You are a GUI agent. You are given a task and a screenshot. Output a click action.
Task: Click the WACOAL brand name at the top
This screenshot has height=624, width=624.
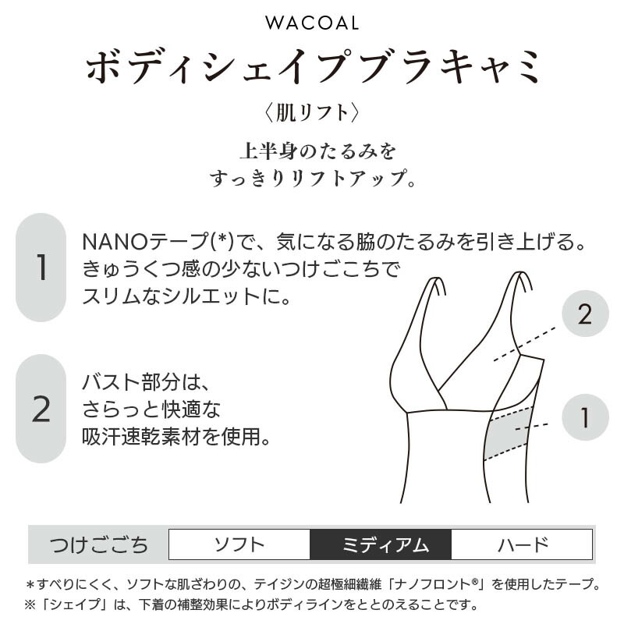coord(312,23)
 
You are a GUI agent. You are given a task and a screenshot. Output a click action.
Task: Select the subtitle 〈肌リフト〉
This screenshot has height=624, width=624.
coord(312,112)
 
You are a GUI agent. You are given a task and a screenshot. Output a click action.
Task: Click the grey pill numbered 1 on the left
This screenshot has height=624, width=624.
coord(41,267)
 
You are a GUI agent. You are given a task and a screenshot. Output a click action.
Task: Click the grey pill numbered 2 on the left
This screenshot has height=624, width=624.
coord(41,409)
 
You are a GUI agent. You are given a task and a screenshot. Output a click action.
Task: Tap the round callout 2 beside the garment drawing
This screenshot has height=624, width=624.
coord(585,314)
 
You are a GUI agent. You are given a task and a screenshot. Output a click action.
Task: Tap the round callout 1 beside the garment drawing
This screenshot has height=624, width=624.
coord(585,417)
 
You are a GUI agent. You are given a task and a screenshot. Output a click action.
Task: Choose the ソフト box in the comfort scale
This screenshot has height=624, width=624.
coord(239,544)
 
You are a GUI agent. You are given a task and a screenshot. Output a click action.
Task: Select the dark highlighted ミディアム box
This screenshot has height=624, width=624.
coord(381,544)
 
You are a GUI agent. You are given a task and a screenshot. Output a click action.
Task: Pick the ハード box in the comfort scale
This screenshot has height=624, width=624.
coord(522,544)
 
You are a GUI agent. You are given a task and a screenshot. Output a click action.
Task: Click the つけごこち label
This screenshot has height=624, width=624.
coord(99,544)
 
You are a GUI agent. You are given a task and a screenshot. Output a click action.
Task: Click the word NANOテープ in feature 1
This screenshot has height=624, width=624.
coord(145,242)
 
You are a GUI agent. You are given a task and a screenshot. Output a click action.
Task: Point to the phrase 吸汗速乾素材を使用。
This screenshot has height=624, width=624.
coord(176,437)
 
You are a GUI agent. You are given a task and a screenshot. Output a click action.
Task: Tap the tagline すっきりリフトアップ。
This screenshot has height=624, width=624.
coord(313,179)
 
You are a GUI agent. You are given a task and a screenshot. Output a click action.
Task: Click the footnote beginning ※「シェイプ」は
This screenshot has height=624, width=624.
coord(251,605)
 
